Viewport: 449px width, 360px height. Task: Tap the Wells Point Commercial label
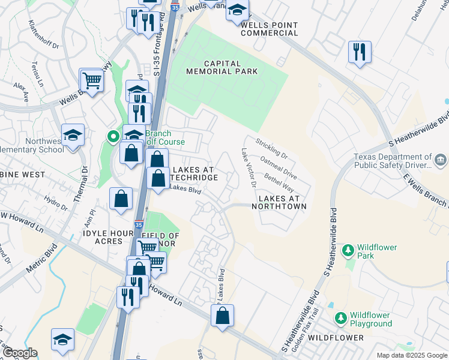pyautogui.click(x=269, y=29)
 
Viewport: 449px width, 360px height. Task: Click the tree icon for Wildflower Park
pyautogui.click(x=348, y=248)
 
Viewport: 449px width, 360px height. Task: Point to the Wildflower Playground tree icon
pyautogui.click(x=340, y=317)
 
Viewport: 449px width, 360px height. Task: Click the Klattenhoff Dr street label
pyautogui.click(x=44, y=36)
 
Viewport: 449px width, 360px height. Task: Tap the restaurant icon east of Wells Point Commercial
pyautogui.click(x=360, y=52)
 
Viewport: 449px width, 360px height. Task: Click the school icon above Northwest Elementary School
pyautogui.click(x=73, y=134)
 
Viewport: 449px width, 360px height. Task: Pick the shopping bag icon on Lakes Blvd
pyautogui.click(x=222, y=316)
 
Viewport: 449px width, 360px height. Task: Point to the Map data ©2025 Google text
pyautogui.click(x=411, y=355)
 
